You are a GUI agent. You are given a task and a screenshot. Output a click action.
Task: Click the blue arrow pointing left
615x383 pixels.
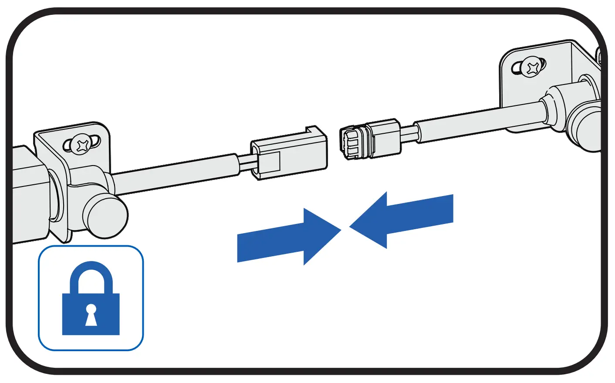pyautogui.click(x=405, y=218)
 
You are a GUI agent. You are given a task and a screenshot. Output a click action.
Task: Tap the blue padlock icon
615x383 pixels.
pyautogui.click(x=91, y=301)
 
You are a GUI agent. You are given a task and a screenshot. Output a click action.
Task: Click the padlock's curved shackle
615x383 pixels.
pyautogui.click(x=91, y=272)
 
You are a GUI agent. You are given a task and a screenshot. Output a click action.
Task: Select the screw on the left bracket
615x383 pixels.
pyautogui.click(x=81, y=144)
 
